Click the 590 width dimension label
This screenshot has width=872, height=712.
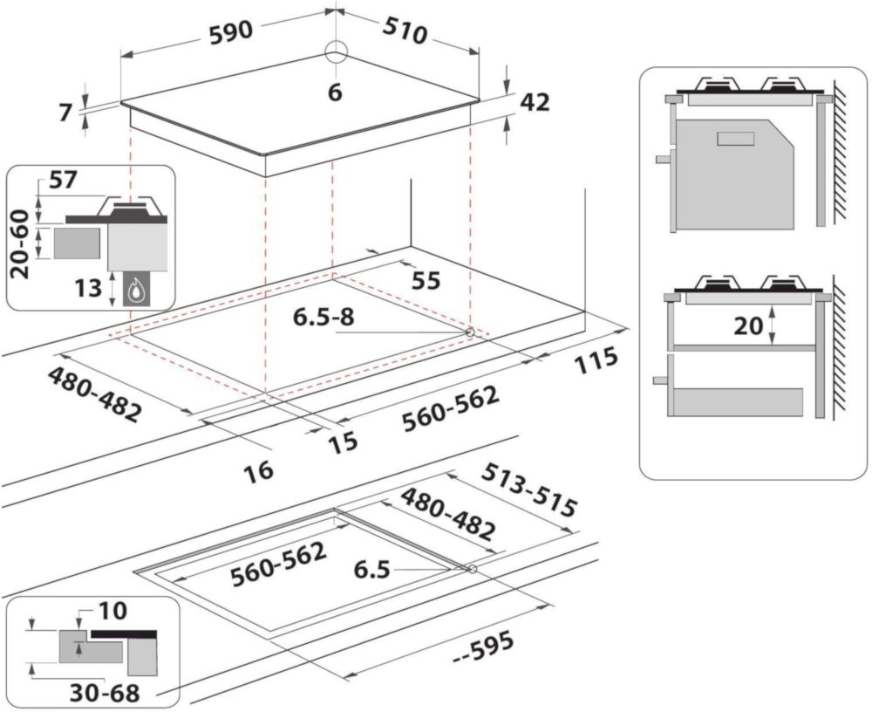[x=231, y=31]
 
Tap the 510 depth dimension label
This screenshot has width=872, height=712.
[x=405, y=31]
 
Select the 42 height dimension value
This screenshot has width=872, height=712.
[x=535, y=102]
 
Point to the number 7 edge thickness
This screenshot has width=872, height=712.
[x=65, y=113]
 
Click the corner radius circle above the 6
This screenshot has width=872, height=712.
[x=336, y=53]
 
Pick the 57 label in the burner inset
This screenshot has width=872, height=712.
[x=63, y=181]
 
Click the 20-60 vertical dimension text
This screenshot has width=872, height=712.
[x=21, y=243]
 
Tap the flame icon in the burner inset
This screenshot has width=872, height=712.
[x=134, y=291]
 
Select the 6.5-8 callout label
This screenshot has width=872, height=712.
[x=324, y=317]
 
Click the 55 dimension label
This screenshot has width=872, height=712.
[x=426, y=281]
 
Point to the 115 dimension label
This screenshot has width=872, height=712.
[x=596, y=360]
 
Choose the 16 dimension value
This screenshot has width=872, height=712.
[x=259, y=470]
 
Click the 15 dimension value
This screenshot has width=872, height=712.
[x=343, y=443]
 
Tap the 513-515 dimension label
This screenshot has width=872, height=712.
[x=529, y=489]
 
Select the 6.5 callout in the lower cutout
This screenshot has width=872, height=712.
[x=371, y=570]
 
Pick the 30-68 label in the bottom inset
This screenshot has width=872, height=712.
[x=105, y=694]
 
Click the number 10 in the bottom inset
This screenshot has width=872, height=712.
[x=112, y=611]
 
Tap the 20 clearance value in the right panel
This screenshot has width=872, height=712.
[x=748, y=325]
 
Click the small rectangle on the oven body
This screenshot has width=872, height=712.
[x=735, y=139]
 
